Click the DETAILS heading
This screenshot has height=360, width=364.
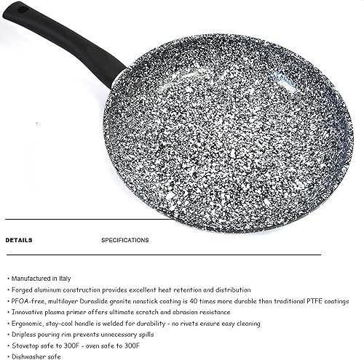point(18,239)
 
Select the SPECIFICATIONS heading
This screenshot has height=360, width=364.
point(125,239)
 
